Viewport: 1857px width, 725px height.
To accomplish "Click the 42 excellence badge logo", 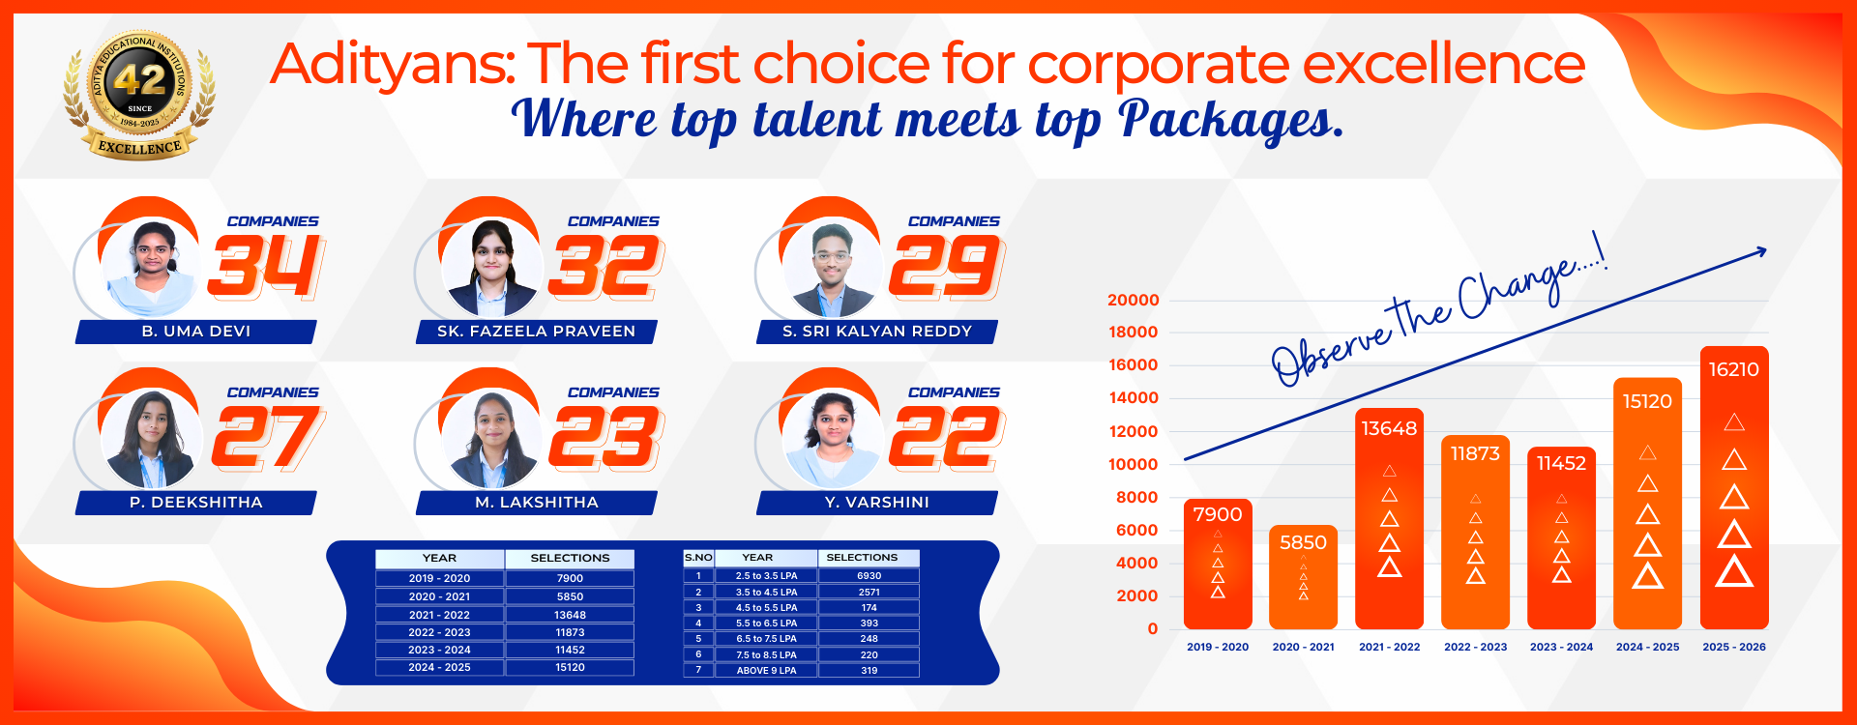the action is (140, 94).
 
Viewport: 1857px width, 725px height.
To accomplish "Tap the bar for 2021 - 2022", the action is (1389, 518).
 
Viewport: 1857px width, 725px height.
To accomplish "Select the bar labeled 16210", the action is (1734, 487).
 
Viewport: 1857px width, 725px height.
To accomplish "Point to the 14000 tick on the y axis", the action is (1133, 398).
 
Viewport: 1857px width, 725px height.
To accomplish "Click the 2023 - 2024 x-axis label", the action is (1561, 647).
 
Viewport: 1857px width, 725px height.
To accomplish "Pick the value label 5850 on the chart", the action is (1303, 543).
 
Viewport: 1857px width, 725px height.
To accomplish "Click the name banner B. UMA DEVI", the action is (196, 332).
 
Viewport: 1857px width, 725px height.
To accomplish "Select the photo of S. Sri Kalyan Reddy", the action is (831, 267).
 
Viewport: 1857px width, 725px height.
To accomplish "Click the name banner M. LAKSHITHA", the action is (537, 503).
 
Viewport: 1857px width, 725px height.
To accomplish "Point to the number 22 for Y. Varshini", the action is (947, 437).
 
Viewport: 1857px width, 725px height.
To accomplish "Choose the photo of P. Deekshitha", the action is (150, 438).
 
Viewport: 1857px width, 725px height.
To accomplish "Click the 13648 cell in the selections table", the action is (570, 615).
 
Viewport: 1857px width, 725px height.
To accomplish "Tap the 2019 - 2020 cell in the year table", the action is (439, 578).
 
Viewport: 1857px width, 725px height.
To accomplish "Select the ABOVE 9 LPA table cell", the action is (766, 670).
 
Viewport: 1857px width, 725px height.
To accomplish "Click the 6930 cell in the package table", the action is (869, 576).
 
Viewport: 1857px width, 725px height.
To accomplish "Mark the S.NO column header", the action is (698, 558).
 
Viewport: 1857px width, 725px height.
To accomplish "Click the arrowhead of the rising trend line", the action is (1760, 252).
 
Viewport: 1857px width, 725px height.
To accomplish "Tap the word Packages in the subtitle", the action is (1230, 122).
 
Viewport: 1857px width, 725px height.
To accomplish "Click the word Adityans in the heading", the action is (392, 66).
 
